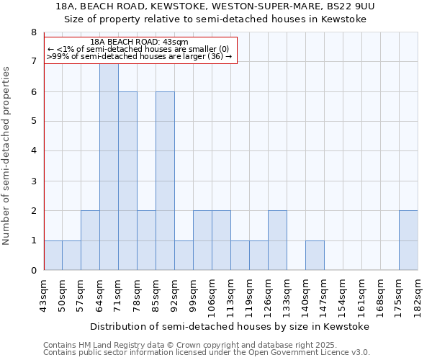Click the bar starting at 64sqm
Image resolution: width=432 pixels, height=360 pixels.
pyautogui.click(x=109, y=167)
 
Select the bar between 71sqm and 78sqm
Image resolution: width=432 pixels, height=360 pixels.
pyautogui.click(x=127, y=181)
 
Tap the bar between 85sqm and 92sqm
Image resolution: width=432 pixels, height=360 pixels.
pyautogui.click(x=165, y=181)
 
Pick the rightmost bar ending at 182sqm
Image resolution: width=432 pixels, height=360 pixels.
pyautogui.click(x=408, y=240)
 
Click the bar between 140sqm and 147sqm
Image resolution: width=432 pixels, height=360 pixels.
pyautogui.click(x=315, y=256)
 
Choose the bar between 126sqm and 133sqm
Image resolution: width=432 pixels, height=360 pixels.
pyautogui.click(x=277, y=240)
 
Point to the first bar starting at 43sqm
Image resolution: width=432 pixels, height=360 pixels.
pyautogui.click(x=53, y=256)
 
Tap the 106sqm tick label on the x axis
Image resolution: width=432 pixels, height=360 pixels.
pyautogui.click(x=212, y=294)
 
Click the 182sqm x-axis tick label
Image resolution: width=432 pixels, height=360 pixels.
pyautogui.click(x=418, y=294)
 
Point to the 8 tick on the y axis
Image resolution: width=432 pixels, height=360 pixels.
pyautogui.click(x=33, y=32)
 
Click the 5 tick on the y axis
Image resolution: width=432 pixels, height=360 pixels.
pyautogui.click(x=33, y=122)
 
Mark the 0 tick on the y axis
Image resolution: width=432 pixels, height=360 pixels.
pyautogui.click(x=33, y=271)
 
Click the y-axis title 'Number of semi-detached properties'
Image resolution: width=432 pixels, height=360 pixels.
pyautogui.click(x=7, y=155)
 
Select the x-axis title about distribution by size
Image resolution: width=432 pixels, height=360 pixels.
pyautogui.click(x=230, y=326)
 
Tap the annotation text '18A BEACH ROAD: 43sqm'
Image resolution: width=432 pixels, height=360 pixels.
pyautogui.click(x=140, y=42)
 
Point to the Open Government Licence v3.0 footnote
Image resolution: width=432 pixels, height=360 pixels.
pyautogui.click(x=207, y=353)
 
